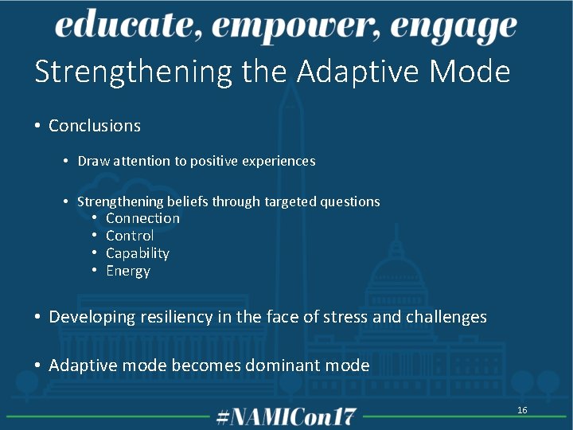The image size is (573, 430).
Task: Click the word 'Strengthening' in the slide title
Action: coord(133,72)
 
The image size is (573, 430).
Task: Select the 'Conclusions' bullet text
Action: coord(94,126)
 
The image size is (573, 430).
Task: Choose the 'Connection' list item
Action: coord(142,218)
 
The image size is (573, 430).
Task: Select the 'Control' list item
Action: coord(130,236)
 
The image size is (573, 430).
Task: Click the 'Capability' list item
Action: coord(138,253)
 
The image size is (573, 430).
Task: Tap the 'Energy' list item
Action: coord(128,271)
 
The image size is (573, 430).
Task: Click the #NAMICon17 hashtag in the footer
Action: coord(286,416)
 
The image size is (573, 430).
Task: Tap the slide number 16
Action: coord(522,410)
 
